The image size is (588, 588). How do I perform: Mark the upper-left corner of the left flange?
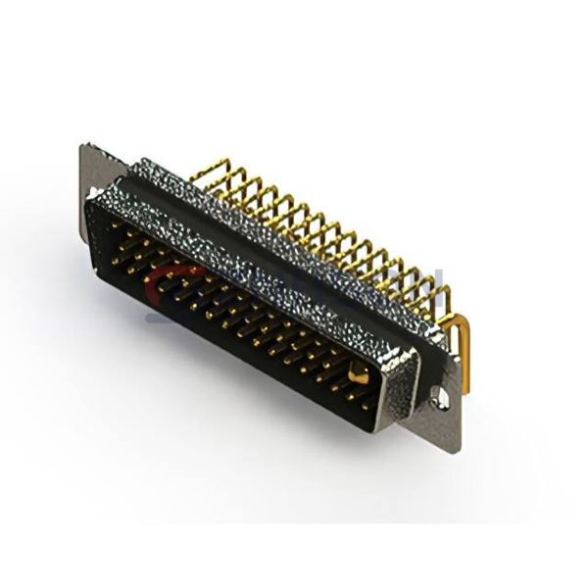point(81,147)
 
